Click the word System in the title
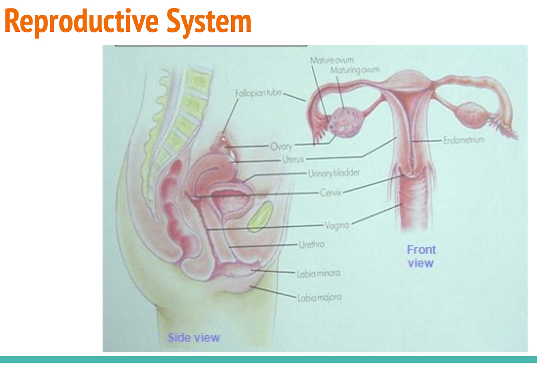[x=209, y=21]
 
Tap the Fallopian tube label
[x=258, y=93]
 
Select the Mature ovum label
[x=332, y=60]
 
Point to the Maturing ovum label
[x=354, y=70]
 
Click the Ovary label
[x=281, y=146]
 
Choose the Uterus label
[x=293, y=160]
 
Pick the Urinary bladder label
[x=334, y=173]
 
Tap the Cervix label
[x=330, y=192]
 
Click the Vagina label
[x=337, y=225]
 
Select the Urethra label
[x=312, y=244]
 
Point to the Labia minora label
[x=319, y=273]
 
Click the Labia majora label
[x=319, y=297]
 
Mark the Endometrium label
[x=464, y=140]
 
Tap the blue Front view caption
[x=421, y=256]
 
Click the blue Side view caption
[x=194, y=338]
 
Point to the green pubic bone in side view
[x=260, y=217]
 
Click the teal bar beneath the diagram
[x=268, y=359]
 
